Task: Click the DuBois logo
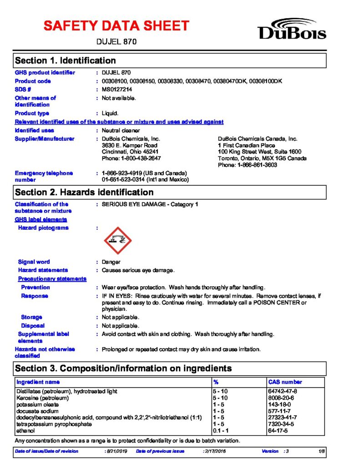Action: click(292, 28)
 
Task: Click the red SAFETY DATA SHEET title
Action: click(116, 25)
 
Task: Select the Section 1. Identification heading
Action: click(66, 61)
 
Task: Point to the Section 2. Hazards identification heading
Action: click(84, 192)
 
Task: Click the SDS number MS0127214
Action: click(117, 89)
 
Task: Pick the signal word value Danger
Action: click(111, 262)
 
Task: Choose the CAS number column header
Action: click(285, 382)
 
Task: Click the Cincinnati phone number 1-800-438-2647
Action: click(131, 158)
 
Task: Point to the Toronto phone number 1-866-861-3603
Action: click(248, 165)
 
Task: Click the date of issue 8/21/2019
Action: click(117, 451)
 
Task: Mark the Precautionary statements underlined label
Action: click(52, 279)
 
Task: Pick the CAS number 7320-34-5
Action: click(282, 424)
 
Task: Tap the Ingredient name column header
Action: click(38, 382)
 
